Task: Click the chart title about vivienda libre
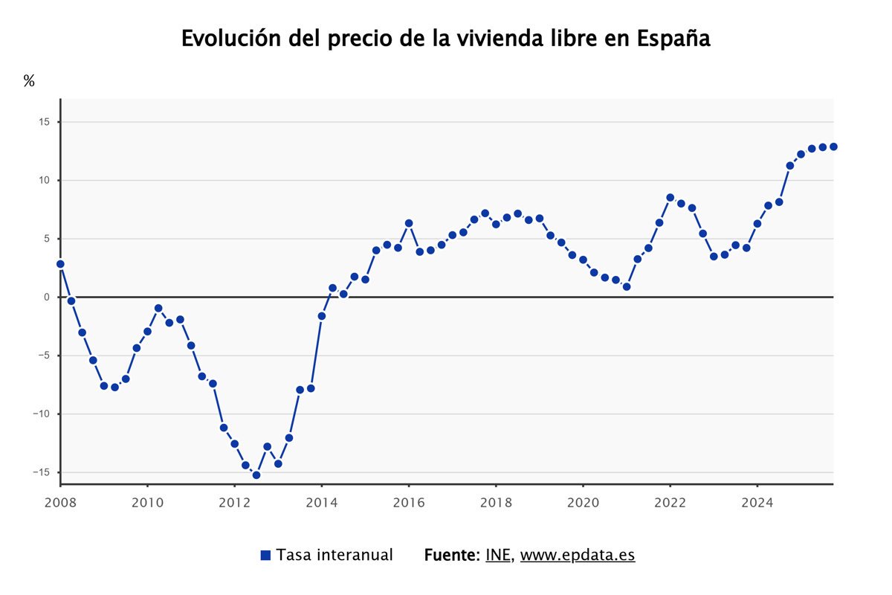(x=446, y=39)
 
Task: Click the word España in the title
(x=673, y=39)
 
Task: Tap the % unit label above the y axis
(x=29, y=81)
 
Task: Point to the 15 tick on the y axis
(x=44, y=122)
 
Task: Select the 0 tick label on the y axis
(x=46, y=297)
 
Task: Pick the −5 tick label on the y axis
(x=43, y=356)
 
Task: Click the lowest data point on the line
(x=256, y=475)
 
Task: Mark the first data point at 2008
(x=60, y=264)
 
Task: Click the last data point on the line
(x=833, y=147)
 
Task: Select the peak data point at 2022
(x=670, y=197)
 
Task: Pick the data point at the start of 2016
(x=408, y=223)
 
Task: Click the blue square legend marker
(x=265, y=556)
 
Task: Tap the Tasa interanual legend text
(x=334, y=556)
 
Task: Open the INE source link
(x=498, y=556)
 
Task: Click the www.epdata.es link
(x=578, y=556)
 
